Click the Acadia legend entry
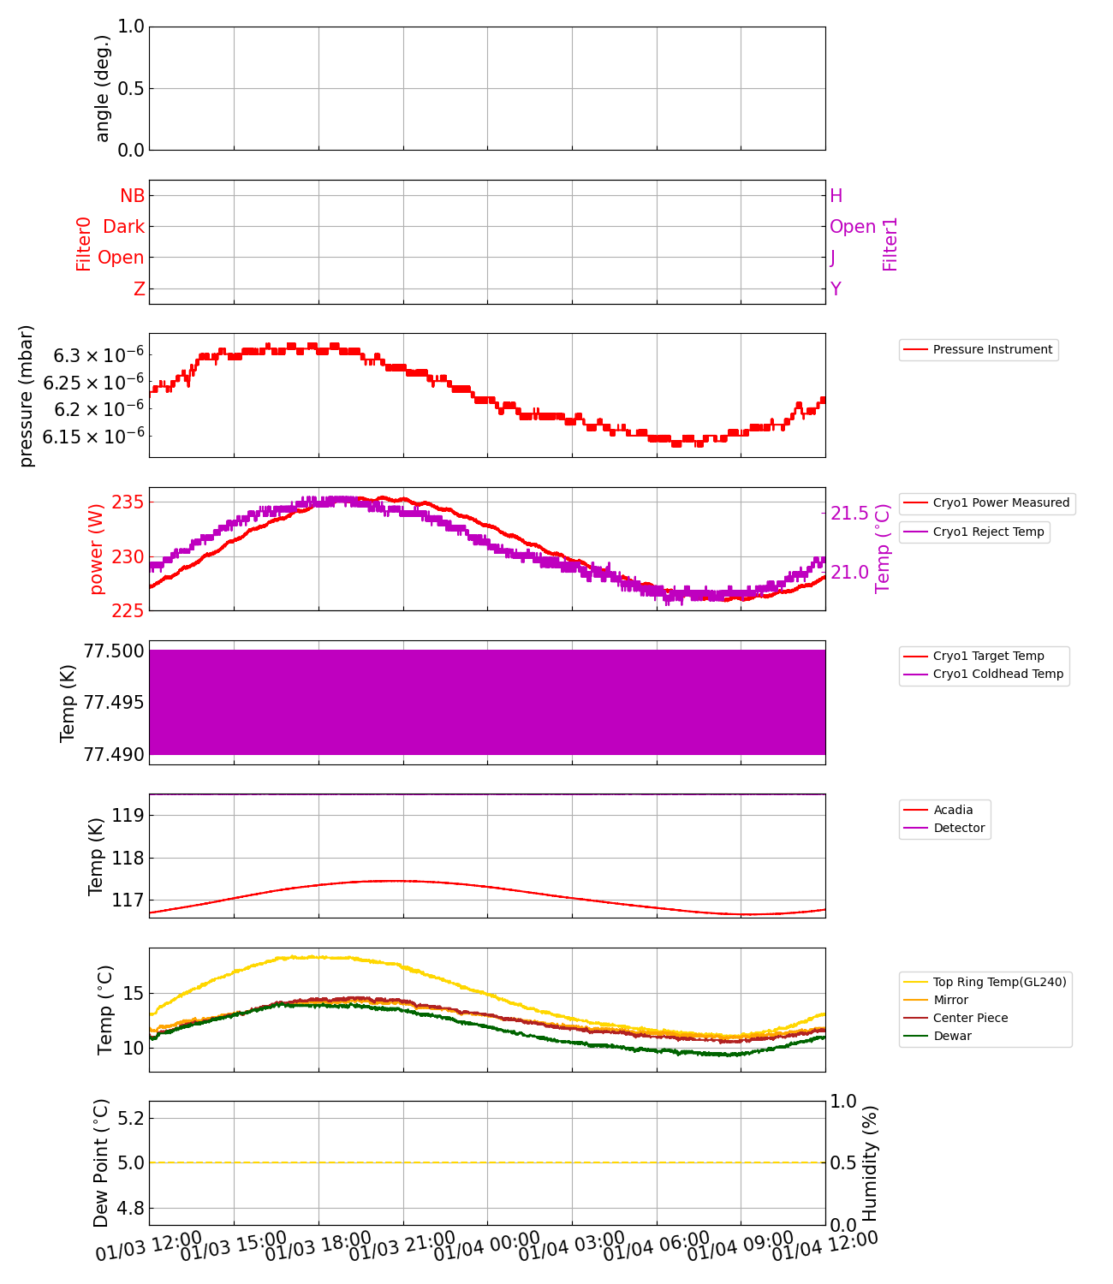(x=952, y=810)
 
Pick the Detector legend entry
(x=958, y=828)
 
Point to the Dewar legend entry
(x=951, y=1036)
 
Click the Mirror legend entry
(x=949, y=1000)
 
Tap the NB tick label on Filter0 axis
(x=132, y=196)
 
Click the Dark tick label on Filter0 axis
(x=123, y=227)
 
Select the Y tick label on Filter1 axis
(x=836, y=289)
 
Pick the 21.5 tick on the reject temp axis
(x=849, y=514)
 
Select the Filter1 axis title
(x=890, y=244)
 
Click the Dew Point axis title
(x=102, y=1163)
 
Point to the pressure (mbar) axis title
(x=27, y=395)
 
